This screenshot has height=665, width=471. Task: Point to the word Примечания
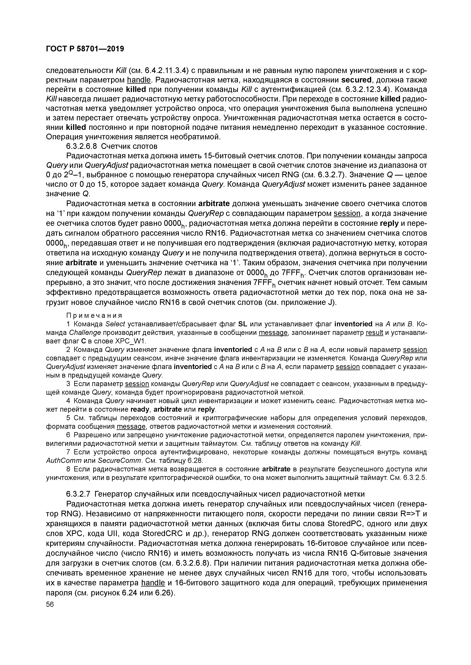coord(94,315)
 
